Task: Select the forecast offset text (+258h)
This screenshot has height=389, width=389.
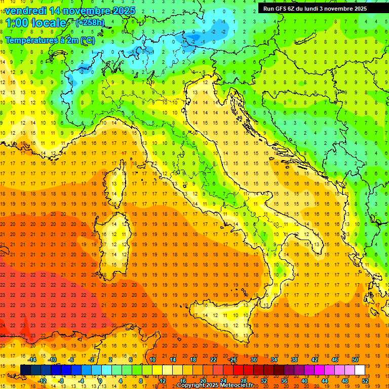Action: [90, 22]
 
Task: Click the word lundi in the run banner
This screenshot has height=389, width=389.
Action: [316, 9]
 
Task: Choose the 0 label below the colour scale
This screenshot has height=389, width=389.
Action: [100, 381]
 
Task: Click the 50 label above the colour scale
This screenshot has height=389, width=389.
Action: [355, 360]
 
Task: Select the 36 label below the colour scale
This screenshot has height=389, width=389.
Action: [284, 381]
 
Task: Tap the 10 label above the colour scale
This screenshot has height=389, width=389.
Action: [152, 360]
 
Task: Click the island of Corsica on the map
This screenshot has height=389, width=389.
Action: [117, 182]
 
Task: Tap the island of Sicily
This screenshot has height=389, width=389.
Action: [223, 319]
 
